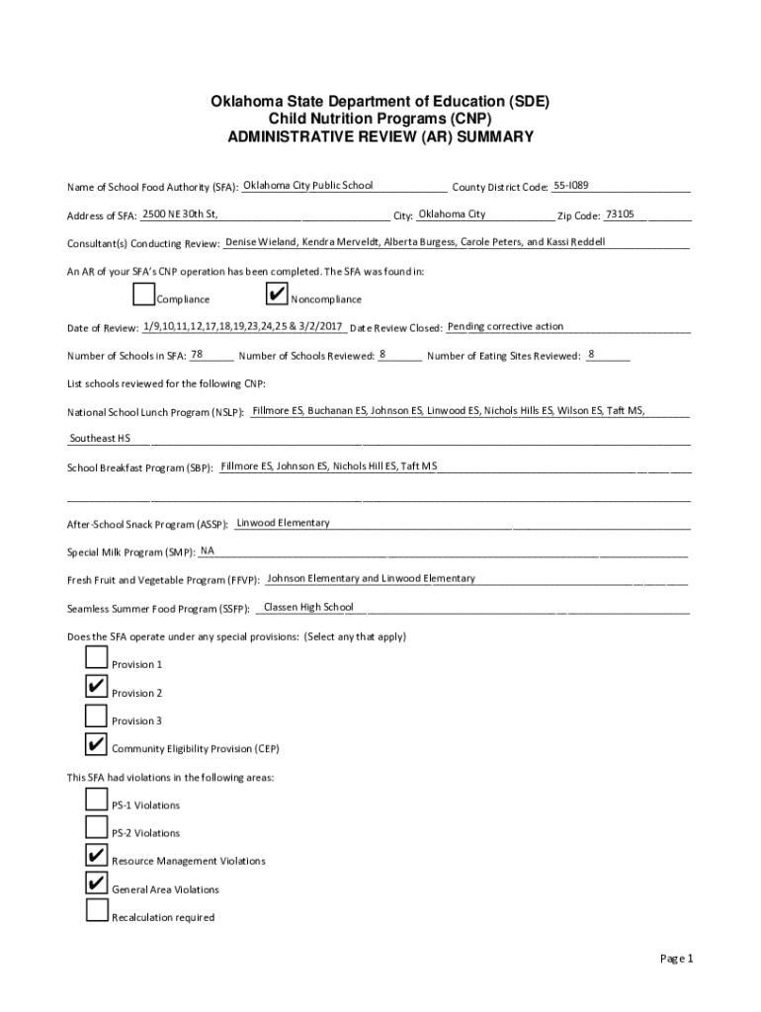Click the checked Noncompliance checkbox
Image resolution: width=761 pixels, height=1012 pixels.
tap(277, 295)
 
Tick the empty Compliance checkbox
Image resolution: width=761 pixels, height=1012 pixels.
tap(143, 295)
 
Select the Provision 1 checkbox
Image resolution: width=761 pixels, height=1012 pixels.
tap(97, 659)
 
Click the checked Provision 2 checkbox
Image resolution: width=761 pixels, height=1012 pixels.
tap(97, 687)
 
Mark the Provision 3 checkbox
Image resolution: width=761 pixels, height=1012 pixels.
tap(97, 716)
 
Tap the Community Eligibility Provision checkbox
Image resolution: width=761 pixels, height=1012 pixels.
tap(97, 743)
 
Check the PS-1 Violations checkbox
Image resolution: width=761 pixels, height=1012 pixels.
tap(97, 800)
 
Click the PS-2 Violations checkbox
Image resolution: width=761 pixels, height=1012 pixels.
tap(97, 827)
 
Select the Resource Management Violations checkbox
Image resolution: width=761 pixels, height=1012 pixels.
tap(97, 856)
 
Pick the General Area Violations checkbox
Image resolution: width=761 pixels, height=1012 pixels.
tap(97, 884)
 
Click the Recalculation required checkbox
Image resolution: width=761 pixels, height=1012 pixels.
tap(97, 911)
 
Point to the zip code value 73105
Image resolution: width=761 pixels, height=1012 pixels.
tap(620, 214)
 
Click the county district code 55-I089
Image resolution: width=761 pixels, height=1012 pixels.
tap(571, 185)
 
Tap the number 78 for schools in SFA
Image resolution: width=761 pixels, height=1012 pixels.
tap(197, 354)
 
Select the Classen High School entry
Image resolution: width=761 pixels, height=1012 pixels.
tap(308, 607)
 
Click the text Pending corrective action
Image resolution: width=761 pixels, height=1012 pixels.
tap(505, 326)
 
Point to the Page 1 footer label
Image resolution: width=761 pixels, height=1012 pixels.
tap(678, 959)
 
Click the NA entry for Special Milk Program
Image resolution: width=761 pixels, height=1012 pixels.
tap(208, 550)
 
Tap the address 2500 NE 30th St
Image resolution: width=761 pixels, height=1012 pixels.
tap(180, 214)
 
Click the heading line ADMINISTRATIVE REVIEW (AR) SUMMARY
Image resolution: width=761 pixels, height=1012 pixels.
tap(380, 137)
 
